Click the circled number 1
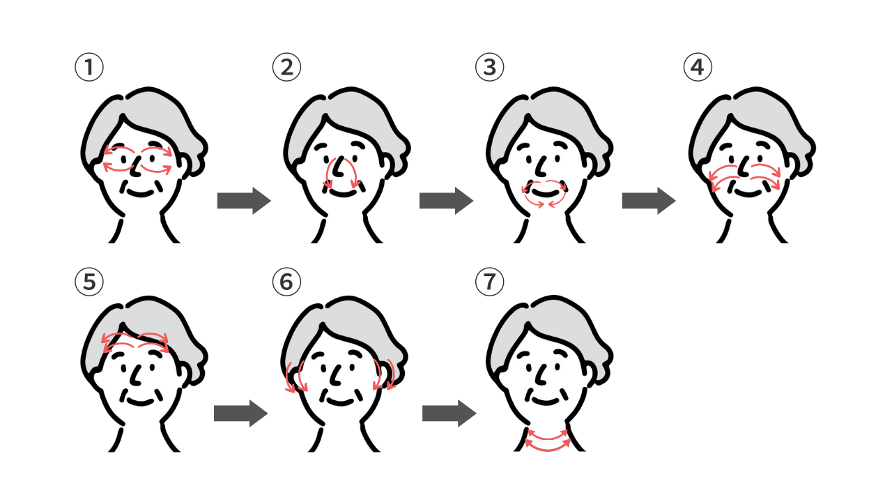coord(89,67)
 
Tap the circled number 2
coord(286,67)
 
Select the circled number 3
coord(489,67)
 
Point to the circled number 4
coord(698,67)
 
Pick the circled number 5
coord(89,282)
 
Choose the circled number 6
coord(286,282)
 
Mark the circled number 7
coord(489,282)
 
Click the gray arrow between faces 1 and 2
coord(244,201)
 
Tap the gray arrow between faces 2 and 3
coord(446,201)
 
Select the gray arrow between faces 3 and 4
coord(649,201)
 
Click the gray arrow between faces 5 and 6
coord(240,413)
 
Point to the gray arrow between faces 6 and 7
coord(449,413)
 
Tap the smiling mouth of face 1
coord(140,194)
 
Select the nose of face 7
coord(542,374)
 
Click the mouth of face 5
coord(140,402)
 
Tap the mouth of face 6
coord(341,402)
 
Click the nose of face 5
coord(137,374)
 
